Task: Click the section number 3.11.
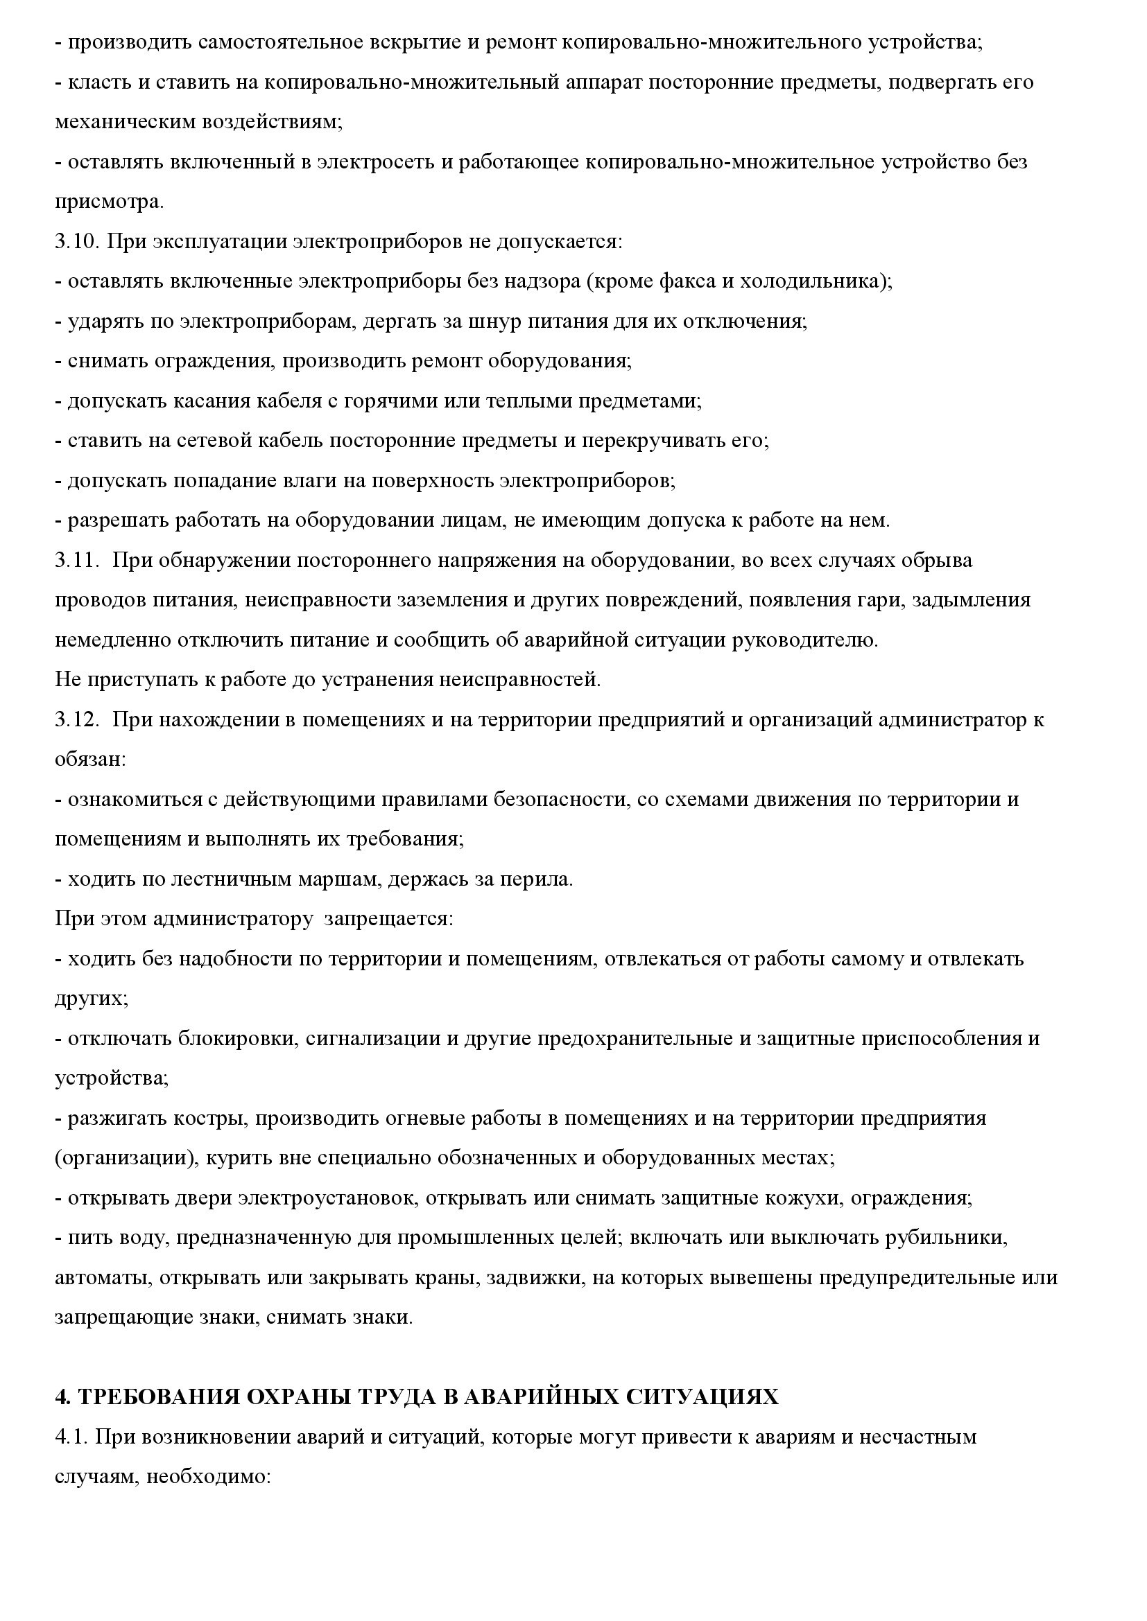pyautogui.click(x=76, y=561)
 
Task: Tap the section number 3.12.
pyautogui.click(x=76, y=720)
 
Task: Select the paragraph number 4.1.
pyautogui.click(x=71, y=1437)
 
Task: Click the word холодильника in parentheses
pyautogui.click(x=812, y=281)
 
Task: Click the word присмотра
pyautogui.click(x=108, y=202)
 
